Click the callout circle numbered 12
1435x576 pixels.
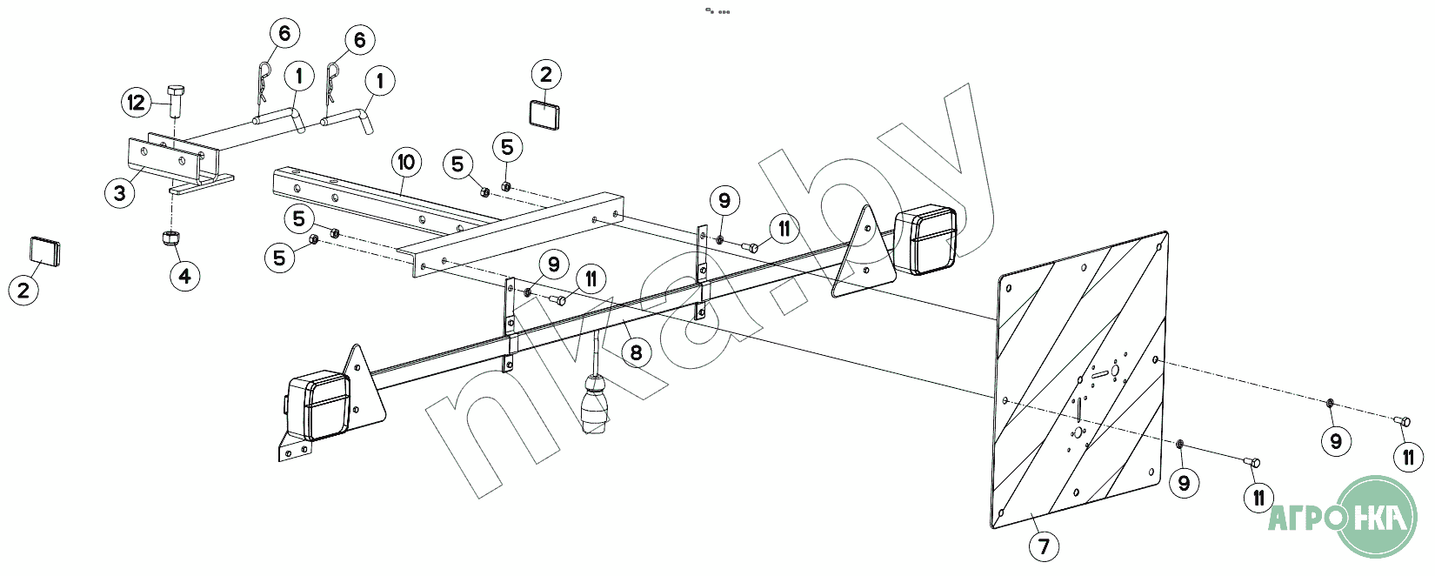pos(137,103)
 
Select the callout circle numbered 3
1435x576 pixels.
pos(120,193)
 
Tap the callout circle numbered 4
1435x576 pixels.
pos(185,276)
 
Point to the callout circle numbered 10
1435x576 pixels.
pos(407,163)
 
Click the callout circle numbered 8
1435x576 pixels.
pos(636,352)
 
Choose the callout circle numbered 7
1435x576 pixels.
pos(1045,546)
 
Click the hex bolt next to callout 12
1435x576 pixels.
pos(175,100)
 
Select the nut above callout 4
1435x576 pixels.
pos(170,238)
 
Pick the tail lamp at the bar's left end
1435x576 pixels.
pos(317,405)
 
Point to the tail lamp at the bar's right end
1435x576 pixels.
pos(925,239)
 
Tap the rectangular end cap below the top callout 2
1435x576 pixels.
pos(544,114)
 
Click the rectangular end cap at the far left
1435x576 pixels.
pos(45,251)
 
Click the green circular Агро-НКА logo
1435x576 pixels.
pos(1378,517)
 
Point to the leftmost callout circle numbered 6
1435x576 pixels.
pos(284,33)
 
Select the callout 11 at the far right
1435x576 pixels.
pos(1408,458)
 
